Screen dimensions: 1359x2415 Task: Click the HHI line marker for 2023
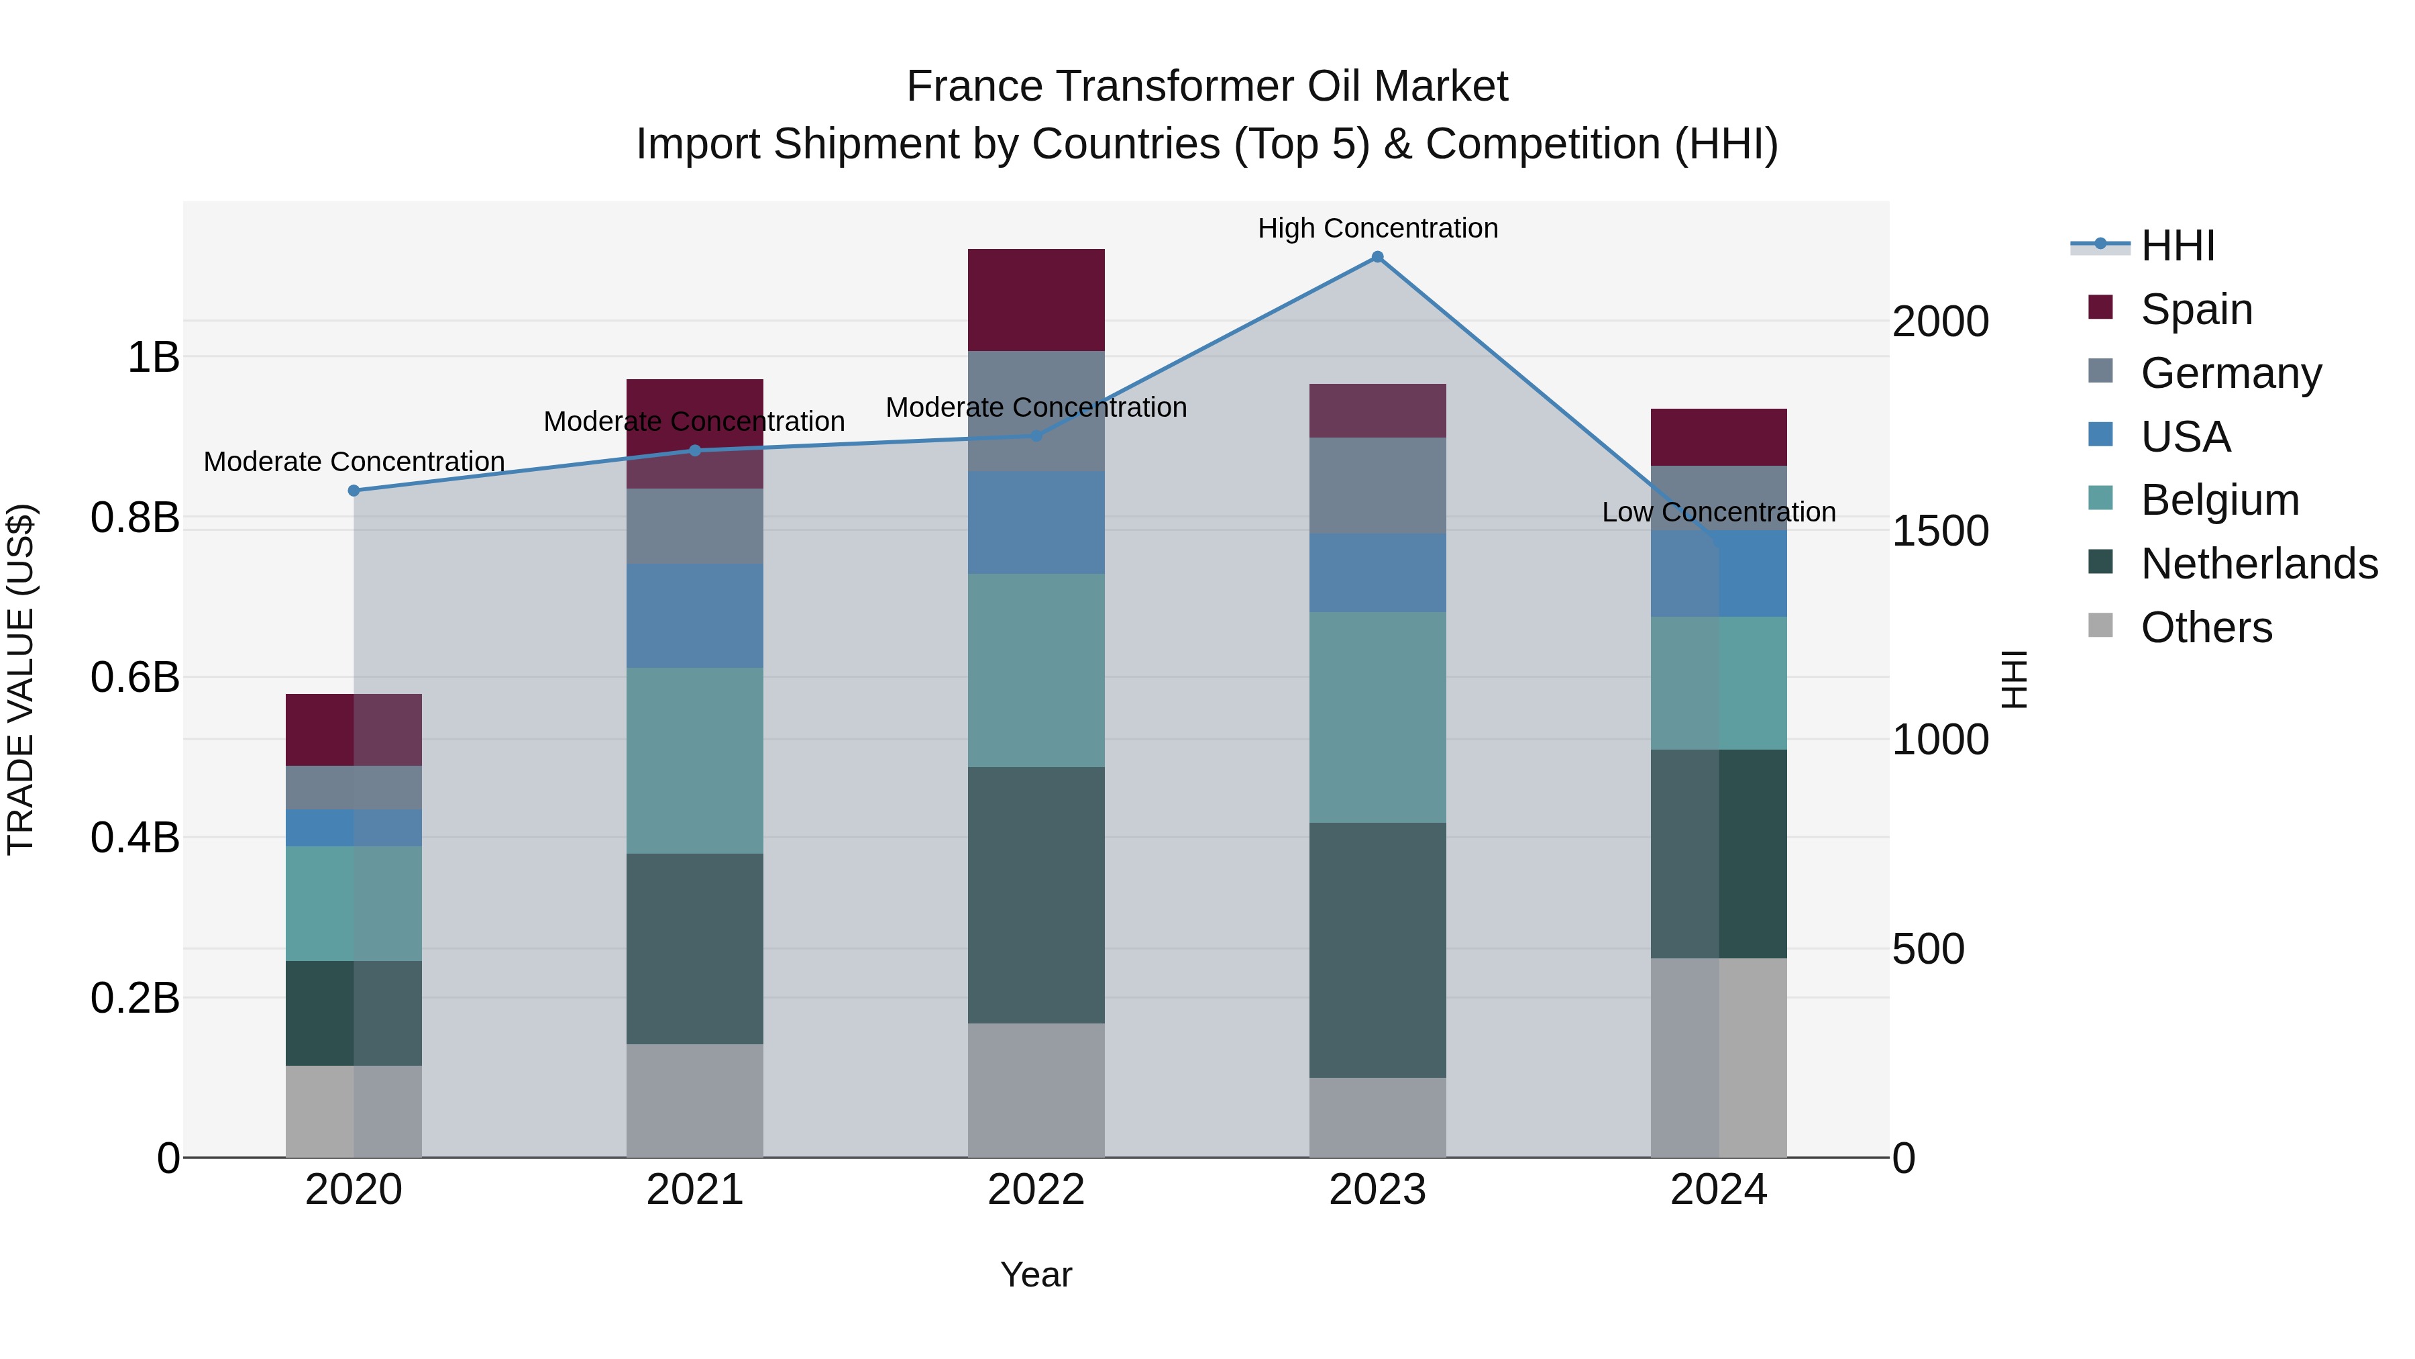pos(1377,257)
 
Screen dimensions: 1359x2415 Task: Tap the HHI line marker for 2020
pos(354,491)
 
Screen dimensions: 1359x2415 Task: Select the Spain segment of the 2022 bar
pos(1036,300)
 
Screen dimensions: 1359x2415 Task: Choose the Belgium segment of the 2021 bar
pos(695,760)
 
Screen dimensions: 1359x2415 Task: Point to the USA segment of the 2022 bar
pos(1036,522)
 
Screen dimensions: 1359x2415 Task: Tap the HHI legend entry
pos(2177,246)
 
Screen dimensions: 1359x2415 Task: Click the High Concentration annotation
pos(1377,228)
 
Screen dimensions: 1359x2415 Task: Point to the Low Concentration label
pos(1719,512)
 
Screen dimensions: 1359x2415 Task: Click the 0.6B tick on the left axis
pos(135,677)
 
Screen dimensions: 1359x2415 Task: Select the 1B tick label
pos(153,357)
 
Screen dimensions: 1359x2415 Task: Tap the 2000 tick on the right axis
pos(1939,321)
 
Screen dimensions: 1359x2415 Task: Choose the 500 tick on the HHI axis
pos(1927,949)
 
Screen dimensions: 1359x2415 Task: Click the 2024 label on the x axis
pos(1719,1190)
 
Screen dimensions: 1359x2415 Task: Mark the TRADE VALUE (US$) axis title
pos(21,679)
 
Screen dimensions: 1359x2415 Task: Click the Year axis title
pos(1036,1274)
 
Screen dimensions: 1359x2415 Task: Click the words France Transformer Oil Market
pos(1207,87)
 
